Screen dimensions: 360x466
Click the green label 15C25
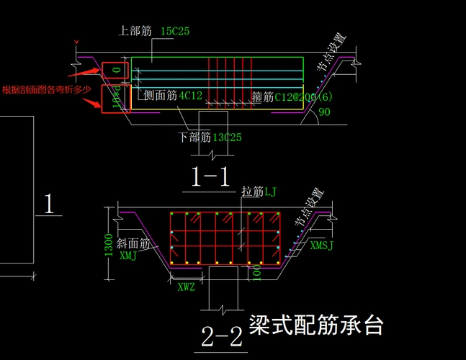(175, 31)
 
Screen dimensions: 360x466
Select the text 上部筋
(135, 31)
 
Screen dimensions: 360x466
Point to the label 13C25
(227, 137)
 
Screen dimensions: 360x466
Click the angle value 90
(324, 112)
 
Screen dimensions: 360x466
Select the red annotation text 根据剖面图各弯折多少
(47, 89)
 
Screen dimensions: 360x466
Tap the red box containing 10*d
(115, 99)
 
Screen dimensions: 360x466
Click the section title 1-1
(210, 176)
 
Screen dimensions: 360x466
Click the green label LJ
(270, 191)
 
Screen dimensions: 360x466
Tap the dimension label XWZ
(187, 287)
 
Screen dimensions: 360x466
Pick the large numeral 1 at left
(48, 204)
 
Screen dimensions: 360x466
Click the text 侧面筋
(160, 95)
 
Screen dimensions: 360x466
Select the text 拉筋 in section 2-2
(252, 191)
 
